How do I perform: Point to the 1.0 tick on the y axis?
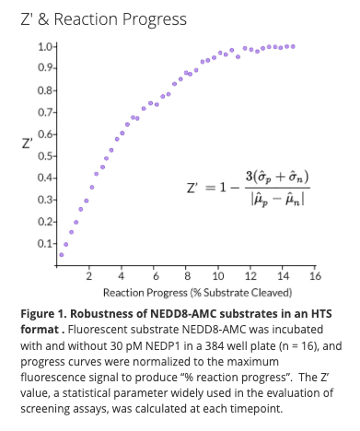tap(45, 46)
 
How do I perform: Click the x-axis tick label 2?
tap(89, 276)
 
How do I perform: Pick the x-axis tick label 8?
tap(187, 276)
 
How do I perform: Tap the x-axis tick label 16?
tap(314, 276)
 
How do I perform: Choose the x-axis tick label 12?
tap(250, 276)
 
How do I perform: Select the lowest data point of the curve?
tap(61, 254)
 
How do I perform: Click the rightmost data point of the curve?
tap(293, 46)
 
